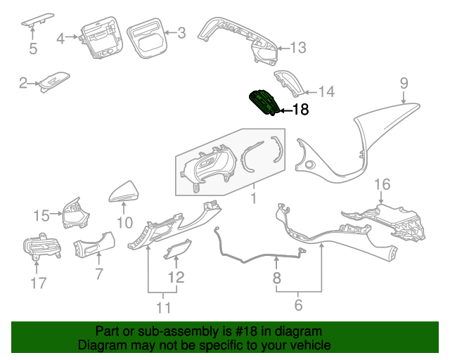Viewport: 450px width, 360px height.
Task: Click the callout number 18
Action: click(x=300, y=109)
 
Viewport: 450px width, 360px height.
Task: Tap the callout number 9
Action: click(x=404, y=83)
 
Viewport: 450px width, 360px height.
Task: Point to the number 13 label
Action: click(x=298, y=48)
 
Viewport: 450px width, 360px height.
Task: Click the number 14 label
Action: click(x=326, y=91)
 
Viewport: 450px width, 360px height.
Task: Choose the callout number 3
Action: click(x=181, y=32)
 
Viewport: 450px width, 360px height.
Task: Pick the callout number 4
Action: click(x=60, y=37)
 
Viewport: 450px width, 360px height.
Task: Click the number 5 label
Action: click(x=32, y=49)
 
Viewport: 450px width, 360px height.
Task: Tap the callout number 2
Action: click(x=22, y=84)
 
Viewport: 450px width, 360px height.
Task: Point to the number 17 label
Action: click(x=38, y=283)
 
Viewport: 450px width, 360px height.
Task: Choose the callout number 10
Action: click(x=124, y=224)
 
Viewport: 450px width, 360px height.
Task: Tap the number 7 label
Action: click(x=98, y=272)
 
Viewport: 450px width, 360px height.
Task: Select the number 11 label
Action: click(x=163, y=307)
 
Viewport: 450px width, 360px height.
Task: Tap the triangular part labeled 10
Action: click(x=124, y=191)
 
